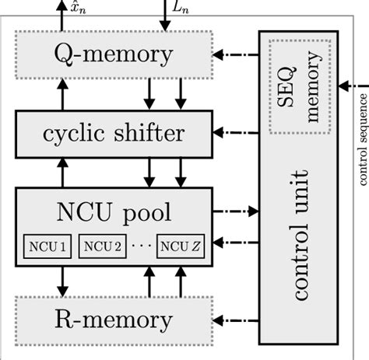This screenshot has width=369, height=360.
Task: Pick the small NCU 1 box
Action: [45, 247]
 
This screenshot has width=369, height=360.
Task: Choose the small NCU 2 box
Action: [100, 247]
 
